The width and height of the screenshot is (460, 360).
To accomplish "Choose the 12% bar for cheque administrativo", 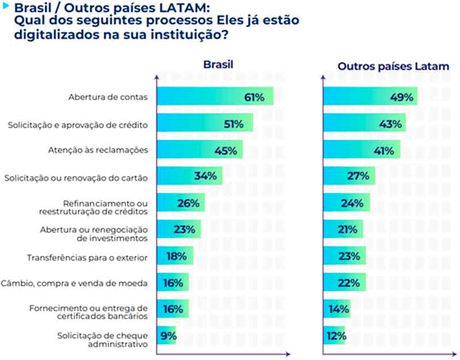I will (334, 336).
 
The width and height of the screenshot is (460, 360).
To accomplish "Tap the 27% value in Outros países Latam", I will (357, 177).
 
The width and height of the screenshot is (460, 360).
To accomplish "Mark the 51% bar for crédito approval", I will (205, 123).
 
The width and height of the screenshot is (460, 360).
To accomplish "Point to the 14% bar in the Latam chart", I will (336, 309).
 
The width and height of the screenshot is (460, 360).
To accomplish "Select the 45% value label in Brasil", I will (225, 150).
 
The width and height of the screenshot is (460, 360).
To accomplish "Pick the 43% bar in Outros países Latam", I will (364, 123).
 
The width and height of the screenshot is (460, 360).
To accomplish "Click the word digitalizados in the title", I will (53, 34).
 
